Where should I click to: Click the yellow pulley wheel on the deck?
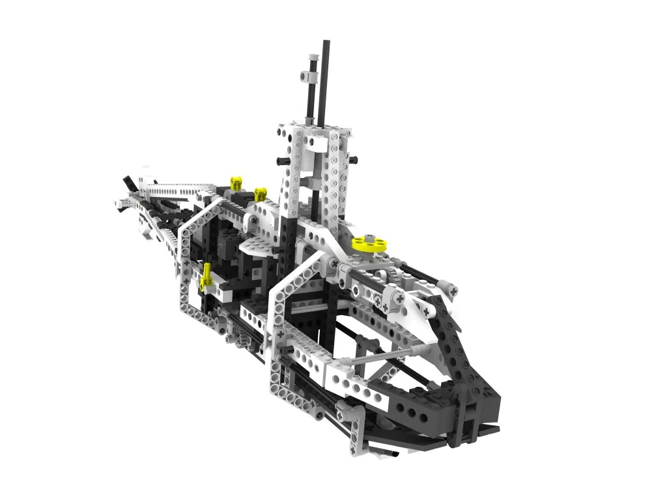click(x=369, y=244)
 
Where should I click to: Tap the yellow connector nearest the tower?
click(x=261, y=193)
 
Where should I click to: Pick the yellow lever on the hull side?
click(x=206, y=277)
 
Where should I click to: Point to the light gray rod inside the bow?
click(x=384, y=356)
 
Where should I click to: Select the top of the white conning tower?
click(x=311, y=129)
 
